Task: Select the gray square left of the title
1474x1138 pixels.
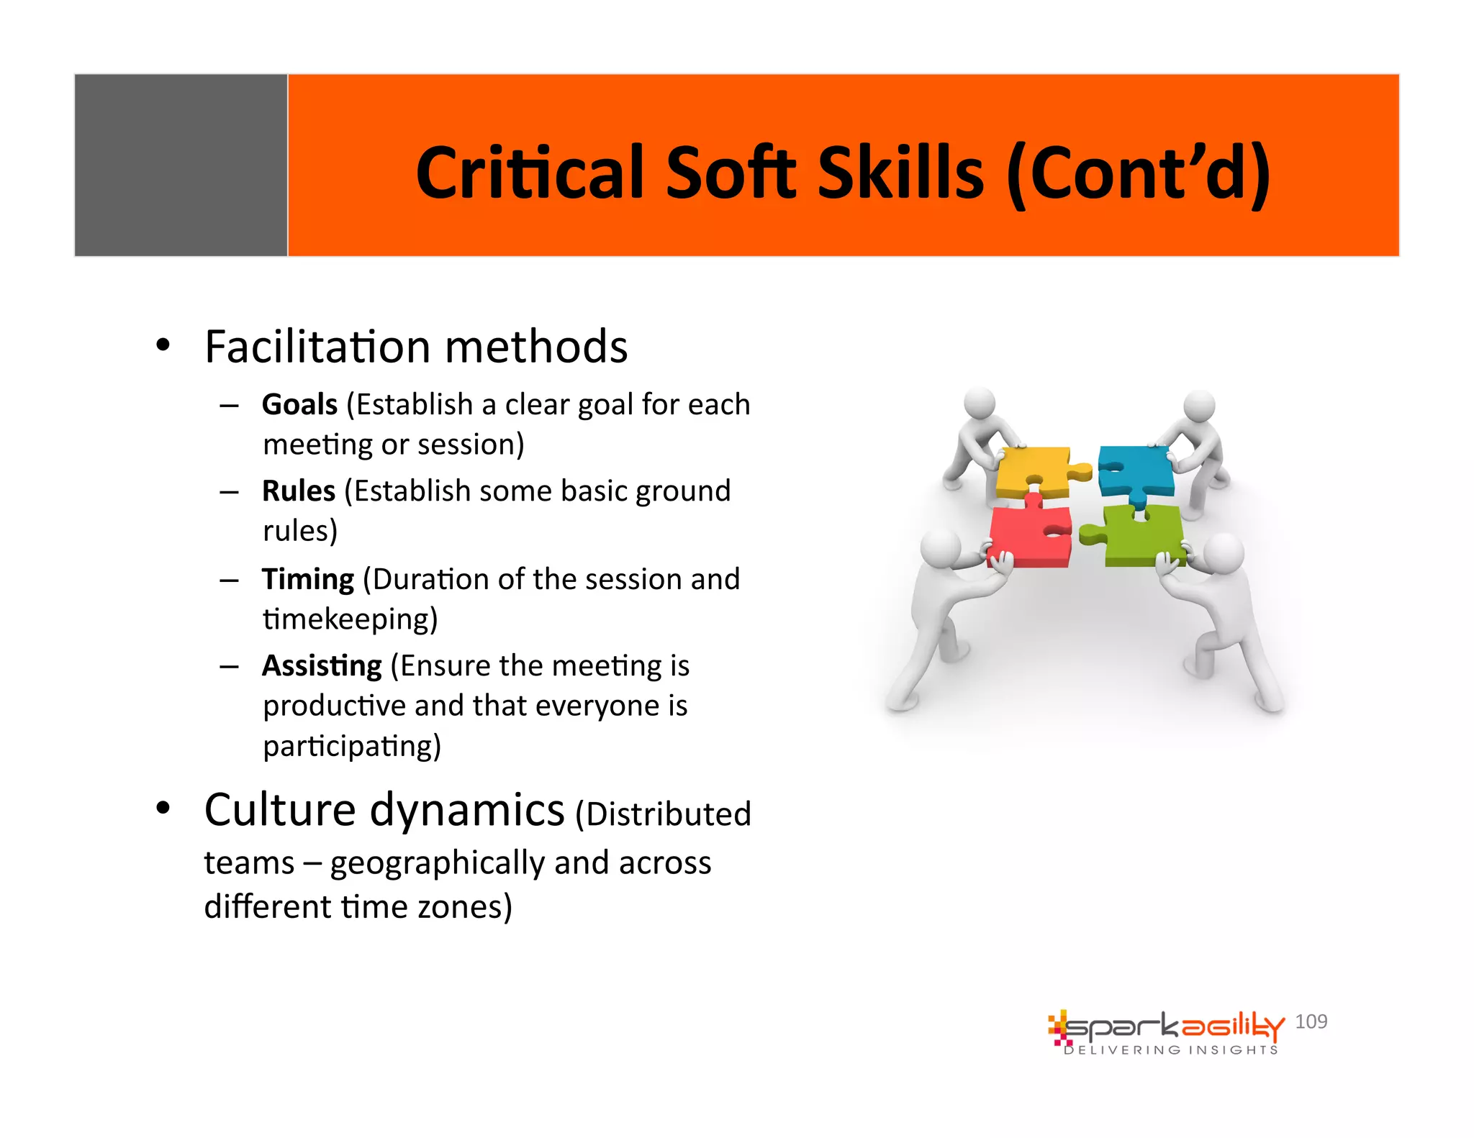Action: [x=181, y=165]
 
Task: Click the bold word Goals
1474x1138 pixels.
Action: [x=299, y=405]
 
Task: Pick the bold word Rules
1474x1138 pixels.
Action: [x=298, y=491]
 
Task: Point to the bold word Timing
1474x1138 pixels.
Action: [x=307, y=580]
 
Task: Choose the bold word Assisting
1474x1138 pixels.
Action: [x=321, y=666]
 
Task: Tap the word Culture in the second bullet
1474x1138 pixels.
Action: [x=279, y=810]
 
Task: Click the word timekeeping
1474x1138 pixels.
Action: [x=350, y=619]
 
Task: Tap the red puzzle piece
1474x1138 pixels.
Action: [x=1028, y=536]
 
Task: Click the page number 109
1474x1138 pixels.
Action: [x=1311, y=1021]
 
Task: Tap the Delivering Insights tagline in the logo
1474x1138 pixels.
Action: [x=1171, y=1050]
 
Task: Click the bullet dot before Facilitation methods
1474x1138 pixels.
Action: [x=163, y=346]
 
